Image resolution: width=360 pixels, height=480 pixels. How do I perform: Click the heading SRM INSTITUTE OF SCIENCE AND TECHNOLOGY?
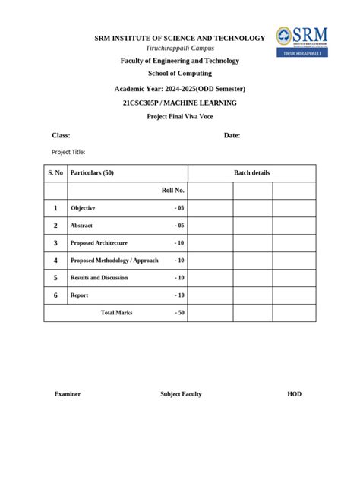click(x=179, y=38)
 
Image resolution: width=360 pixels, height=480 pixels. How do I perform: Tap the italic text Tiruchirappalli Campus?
click(x=180, y=48)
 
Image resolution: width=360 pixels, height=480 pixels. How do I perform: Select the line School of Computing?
click(x=180, y=74)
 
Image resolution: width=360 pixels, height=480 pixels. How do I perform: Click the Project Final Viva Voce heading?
click(x=180, y=117)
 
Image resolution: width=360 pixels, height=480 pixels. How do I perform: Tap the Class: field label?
click(x=61, y=135)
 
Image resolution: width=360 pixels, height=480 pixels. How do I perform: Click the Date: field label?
click(x=232, y=135)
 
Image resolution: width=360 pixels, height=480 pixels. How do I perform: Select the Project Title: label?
click(x=68, y=152)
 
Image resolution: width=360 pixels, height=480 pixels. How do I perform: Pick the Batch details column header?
click(x=251, y=173)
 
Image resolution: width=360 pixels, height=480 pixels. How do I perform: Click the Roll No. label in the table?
click(x=173, y=191)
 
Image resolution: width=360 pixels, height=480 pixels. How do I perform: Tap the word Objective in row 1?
click(x=83, y=208)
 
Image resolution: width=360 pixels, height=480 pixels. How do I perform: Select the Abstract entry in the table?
click(x=81, y=226)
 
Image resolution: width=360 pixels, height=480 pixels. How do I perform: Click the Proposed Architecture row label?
click(x=99, y=243)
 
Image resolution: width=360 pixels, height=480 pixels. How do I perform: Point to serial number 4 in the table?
click(x=55, y=261)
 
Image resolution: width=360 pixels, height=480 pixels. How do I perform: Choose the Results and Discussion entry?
click(x=99, y=278)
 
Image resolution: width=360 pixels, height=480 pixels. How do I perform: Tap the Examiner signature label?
click(x=68, y=394)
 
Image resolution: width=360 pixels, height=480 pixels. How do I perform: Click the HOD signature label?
click(x=294, y=394)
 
